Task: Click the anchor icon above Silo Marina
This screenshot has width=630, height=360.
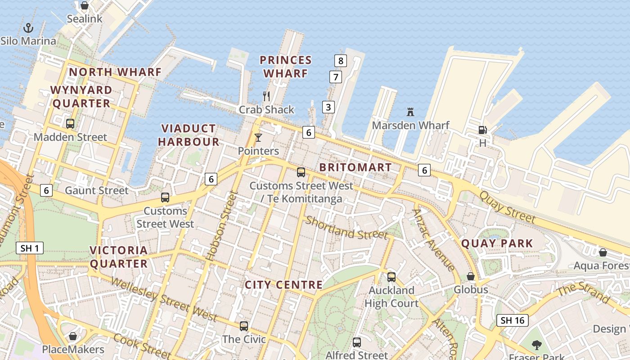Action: click(28, 28)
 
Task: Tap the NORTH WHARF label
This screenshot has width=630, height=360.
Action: click(115, 72)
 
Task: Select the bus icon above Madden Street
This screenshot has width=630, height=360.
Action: click(70, 123)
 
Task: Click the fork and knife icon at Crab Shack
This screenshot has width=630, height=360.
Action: click(266, 96)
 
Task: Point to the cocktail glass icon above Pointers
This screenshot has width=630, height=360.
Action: click(258, 137)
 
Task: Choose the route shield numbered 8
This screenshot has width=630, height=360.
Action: click(341, 60)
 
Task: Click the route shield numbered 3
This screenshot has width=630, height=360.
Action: click(328, 107)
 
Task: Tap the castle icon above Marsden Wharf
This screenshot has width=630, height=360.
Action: click(410, 112)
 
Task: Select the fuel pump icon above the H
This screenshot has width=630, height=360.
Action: click(482, 130)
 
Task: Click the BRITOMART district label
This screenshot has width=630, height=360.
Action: click(355, 167)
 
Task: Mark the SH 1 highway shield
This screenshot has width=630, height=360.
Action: click(30, 247)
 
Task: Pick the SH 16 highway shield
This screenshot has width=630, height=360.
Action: click(513, 320)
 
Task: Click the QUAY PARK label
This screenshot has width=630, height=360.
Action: click(497, 243)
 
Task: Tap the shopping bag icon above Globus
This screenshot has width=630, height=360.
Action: click(471, 276)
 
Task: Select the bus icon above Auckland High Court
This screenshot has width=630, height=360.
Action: click(391, 277)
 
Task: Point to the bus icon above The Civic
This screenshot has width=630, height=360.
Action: click(244, 326)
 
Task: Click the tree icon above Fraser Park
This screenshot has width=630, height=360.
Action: click(536, 345)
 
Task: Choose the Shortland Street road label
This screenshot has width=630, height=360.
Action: click(346, 228)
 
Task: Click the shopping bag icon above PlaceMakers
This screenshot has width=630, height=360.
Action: click(73, 336)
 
